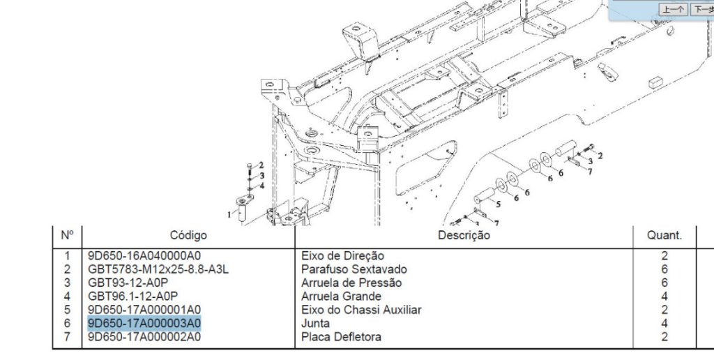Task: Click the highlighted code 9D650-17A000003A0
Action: [x=144, y=324]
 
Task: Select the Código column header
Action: [x=188, y=236]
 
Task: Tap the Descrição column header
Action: [x=464, y=236]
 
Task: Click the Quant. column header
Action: [x=664, y=236]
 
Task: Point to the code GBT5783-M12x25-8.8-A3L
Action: [x=158, y=270]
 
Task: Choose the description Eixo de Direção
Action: [x=342, y=256]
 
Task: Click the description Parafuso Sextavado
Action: [x=354, y=270]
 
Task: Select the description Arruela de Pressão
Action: [x=351, y=283]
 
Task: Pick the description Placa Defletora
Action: [x=341, y=337]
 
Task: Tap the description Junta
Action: [x=315, y=324]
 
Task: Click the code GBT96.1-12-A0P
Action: [x=132, y=297]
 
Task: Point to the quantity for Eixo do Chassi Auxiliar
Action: [x=664, y=310]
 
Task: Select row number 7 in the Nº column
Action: [x=68, y=337]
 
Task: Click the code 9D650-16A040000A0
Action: [x=144, y=256]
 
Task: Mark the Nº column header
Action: [x=68, y=236]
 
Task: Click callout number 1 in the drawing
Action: [x=229, y=215]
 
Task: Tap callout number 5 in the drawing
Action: [x=498, y=204]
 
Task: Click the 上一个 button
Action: [x=673, y=9]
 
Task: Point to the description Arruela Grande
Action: [x=341, y=297]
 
